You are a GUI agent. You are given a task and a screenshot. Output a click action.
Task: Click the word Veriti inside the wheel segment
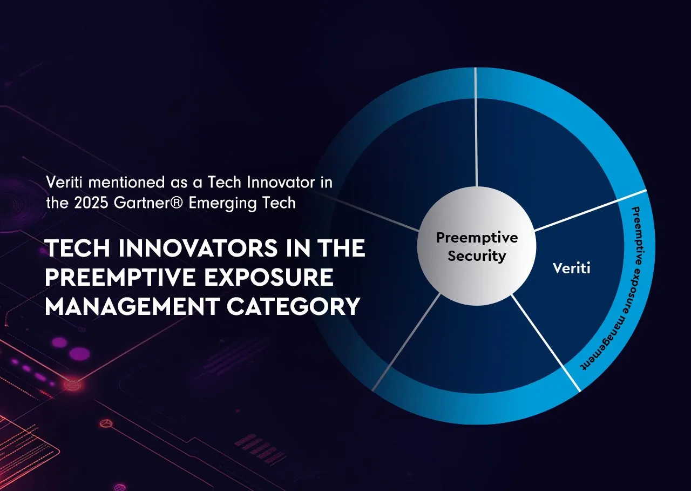pos(571,268)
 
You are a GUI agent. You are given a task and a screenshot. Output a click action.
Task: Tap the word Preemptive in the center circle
pos(477,238)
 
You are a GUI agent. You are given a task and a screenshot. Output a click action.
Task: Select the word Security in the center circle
pos(477,256)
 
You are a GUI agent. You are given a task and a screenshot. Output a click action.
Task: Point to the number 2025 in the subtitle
pos(91,203)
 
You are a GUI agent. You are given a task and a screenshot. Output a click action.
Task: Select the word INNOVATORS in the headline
pos(198,248)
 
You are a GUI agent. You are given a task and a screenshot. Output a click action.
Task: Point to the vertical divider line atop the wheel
pos(476,127)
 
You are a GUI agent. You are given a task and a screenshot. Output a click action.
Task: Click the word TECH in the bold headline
pos(77,248)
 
